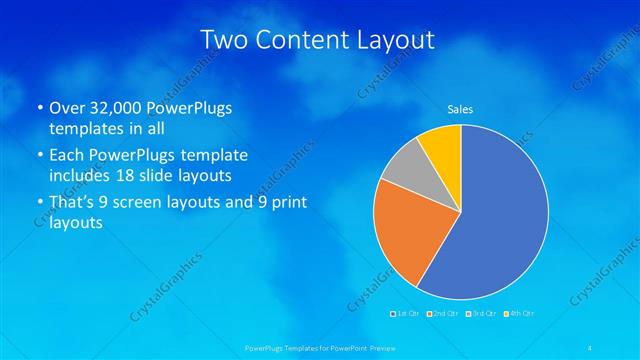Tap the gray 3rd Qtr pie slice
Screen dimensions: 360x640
405,167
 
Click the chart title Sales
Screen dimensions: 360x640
460,109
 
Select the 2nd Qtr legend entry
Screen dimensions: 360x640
444,313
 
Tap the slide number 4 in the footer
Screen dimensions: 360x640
590,347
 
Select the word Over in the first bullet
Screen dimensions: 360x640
68,108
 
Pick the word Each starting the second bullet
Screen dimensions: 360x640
67,156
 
